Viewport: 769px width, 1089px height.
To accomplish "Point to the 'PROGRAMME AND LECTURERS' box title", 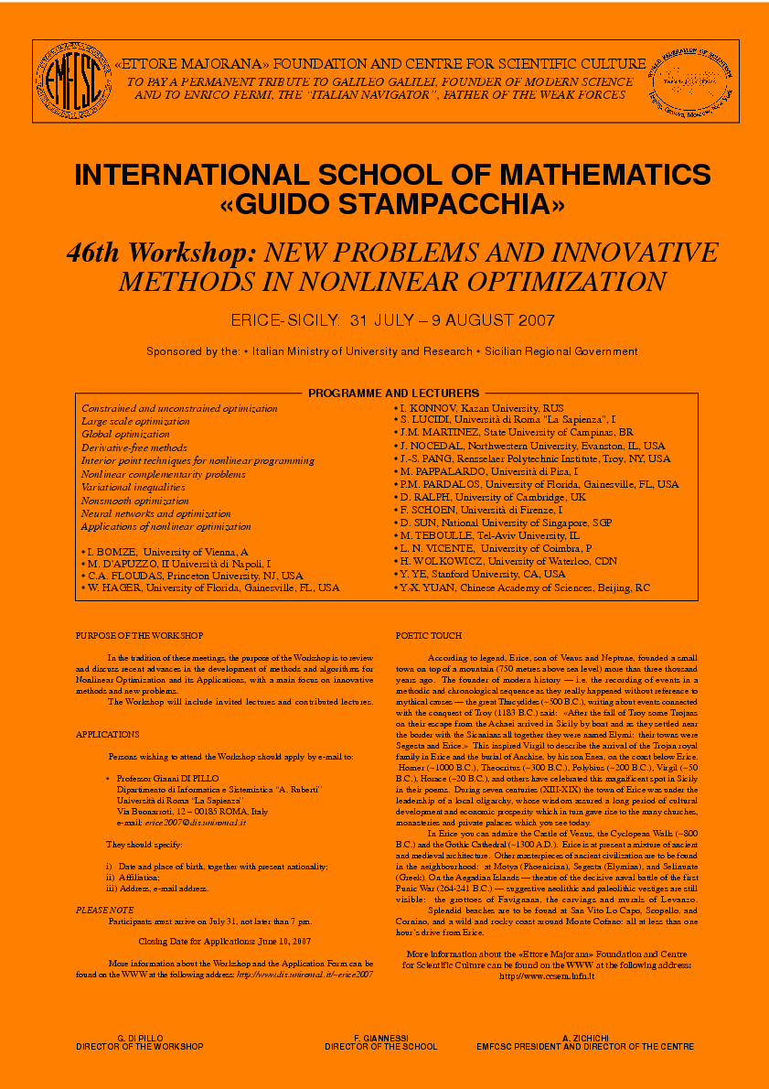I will (393, 393).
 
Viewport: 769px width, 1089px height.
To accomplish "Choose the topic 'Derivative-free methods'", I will (134, 447).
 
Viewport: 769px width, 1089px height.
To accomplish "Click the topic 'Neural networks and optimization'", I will (155, 513).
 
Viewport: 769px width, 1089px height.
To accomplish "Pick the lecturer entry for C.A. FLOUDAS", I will (194, 576).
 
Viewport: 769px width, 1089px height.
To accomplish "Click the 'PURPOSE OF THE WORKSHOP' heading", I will (139, 635).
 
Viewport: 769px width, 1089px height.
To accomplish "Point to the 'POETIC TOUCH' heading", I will (429, 635).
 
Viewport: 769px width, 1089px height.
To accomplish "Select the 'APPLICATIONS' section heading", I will (107, 734).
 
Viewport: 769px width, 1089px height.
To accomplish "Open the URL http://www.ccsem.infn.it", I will (547, 976).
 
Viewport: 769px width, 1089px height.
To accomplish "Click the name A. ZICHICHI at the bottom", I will (585, 1037).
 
